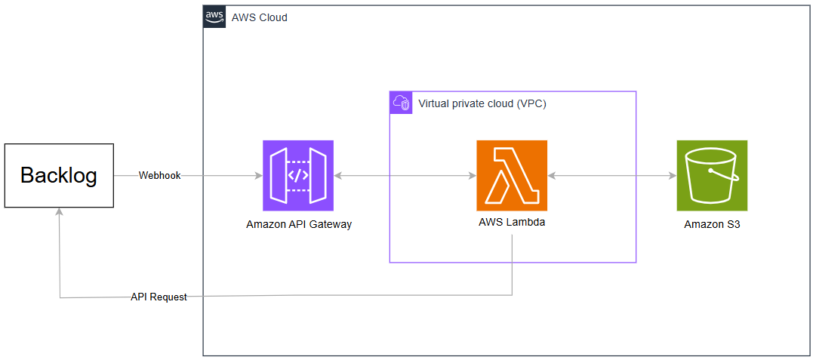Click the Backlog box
tap(59, 176)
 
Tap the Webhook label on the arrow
tap(159, 176)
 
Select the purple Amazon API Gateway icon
tap(298, 175)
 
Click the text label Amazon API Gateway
tap(299, 224)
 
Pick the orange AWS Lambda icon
tap(512, 175)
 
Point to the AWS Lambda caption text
tap(512, 223)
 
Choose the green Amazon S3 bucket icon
tap(712, 175)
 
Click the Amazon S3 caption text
tap(712, 224)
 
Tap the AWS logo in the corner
tap(215, 17)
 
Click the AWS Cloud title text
tap(259, 17)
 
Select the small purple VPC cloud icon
tap(401, 103)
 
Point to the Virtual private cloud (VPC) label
tap(482, 103)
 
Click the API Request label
tap(159, 297)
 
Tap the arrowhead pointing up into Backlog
tap(60, 213)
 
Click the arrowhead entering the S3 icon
tap(672, 176)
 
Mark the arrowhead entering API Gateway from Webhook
tap(258, 176)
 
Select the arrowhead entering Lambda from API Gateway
tap(472, 176)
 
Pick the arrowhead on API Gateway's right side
tap(338, 176)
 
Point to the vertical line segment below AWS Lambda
tap(513, 264)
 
